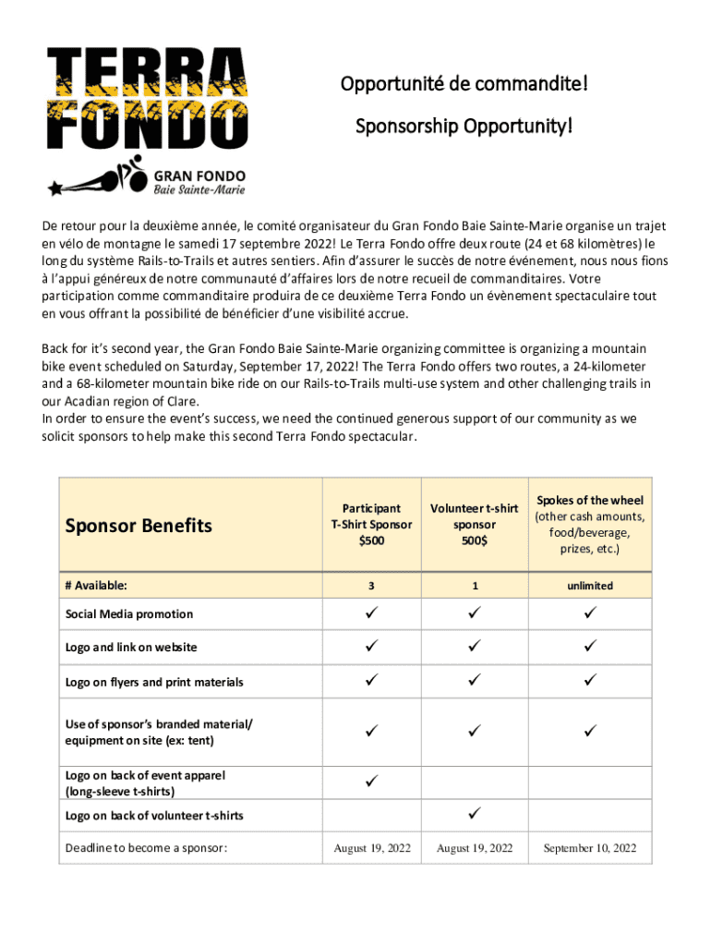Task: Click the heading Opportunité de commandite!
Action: click(x=464, y=85)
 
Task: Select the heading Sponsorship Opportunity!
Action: click(x=464, y=125)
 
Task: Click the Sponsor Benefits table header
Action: click(x=139, y=526)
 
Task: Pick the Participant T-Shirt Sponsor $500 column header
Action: click(x=371, y=525)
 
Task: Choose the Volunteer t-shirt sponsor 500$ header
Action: click(x=475, y=525)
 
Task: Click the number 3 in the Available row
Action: click(x=371, y=586)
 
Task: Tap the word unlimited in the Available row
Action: click(x=590, y=586)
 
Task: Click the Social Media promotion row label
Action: click(x=129, y=613)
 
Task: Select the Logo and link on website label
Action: click(x=131, y=648)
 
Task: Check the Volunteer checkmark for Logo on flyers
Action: click(x=475, y=681)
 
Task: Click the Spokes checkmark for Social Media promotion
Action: click(x=590, y=612)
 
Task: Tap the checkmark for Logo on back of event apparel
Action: click(x=371, y=782)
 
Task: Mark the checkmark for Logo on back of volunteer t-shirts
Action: click(x=475, y=814)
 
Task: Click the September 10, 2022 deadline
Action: click(x=590, y=848)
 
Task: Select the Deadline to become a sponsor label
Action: click(x=146, y=848)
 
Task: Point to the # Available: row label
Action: click(x=96, y=586)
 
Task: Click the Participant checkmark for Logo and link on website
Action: click(x=371, y=647)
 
